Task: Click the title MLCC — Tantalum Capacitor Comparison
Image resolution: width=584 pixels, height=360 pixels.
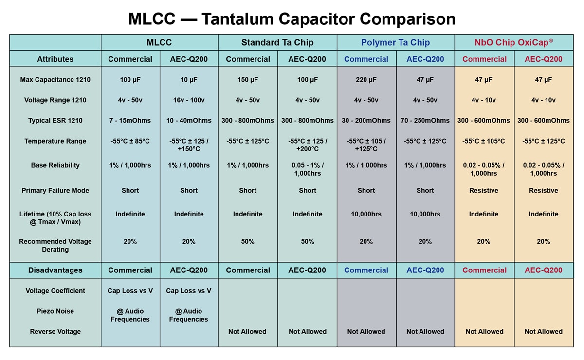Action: point(292,19)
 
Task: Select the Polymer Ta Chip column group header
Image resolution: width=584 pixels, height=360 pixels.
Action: point(395,42)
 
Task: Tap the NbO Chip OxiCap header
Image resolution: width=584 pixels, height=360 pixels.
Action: point(513,42)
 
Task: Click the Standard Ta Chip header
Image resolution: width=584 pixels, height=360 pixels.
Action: point(277,42)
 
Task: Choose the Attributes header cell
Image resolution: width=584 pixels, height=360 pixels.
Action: point(55,59)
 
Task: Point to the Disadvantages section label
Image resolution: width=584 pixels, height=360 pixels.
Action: point(55,270)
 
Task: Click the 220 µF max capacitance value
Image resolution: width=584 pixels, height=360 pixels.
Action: point(366,80)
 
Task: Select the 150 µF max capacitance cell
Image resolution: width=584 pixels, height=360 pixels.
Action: point(248,80)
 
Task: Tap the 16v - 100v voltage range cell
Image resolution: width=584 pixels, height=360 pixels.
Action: point(189,100)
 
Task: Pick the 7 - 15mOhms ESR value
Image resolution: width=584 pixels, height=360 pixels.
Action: point(130,121)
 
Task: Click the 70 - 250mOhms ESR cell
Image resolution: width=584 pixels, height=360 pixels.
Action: point(425,121)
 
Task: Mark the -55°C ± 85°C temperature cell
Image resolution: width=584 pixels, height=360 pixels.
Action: point(130,141)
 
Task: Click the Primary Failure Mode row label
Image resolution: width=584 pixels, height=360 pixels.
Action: point(55,191)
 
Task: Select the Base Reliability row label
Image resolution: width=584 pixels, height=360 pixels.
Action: point(55,165)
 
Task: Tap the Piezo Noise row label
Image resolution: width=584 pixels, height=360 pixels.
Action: point(55,311)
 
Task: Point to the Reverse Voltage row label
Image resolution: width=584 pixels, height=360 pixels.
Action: point(55,332)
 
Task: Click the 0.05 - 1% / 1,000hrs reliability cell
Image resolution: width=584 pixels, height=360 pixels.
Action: point(308,169)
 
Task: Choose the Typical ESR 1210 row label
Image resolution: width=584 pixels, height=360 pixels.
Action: point(55,121)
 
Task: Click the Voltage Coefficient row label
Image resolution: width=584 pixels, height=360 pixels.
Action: point(55,291)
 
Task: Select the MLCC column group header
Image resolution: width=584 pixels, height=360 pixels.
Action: point(159,42)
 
